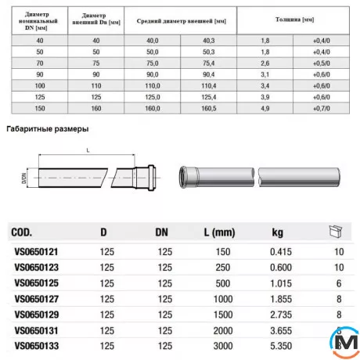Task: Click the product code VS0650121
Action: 37,252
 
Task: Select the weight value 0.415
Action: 281,252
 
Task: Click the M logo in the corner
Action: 344,342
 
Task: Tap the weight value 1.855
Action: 281,297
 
